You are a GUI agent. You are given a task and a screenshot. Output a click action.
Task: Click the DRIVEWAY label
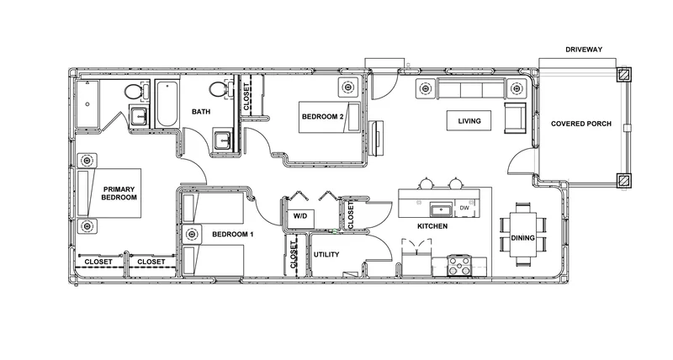[x=583, y=50]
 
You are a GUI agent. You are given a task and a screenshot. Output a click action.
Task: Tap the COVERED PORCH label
[x=581, y=124]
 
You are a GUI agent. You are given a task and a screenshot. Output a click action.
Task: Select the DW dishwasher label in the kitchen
[x=464, y=208]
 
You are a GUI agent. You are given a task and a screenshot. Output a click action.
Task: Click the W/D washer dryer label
[x=300, y=215]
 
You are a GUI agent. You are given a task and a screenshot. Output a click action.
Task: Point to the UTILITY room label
[x=326, y=255]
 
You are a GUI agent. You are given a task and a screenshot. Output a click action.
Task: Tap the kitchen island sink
[x=441, y=210]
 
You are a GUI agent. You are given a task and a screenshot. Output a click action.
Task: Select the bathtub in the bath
[x=167, y=103]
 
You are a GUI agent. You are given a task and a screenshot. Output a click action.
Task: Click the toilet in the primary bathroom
[x=137, y=92]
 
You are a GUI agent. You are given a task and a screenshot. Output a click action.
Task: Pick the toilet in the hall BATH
[x=221, y=90]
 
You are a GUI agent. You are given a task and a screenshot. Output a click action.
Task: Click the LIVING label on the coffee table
[x=469, y=121]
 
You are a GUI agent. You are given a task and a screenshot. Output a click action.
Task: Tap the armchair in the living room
[x=515, y=118]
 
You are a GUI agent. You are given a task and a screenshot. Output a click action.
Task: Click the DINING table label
[x=522, y=238]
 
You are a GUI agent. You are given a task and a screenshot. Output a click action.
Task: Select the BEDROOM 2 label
[x=323, y=117]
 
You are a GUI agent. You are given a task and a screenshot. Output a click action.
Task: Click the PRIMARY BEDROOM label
[x=119, y=193]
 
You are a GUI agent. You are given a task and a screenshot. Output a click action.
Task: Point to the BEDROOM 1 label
[x=233, y=235]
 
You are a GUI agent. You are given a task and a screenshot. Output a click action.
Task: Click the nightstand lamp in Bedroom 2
[x=348, y=87]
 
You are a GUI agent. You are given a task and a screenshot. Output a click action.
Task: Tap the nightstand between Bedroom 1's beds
[x=192, y=235]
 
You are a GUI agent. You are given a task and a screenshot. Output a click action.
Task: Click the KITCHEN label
[x=432, y=226]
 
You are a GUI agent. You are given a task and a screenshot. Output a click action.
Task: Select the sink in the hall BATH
[x=223, y=140]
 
